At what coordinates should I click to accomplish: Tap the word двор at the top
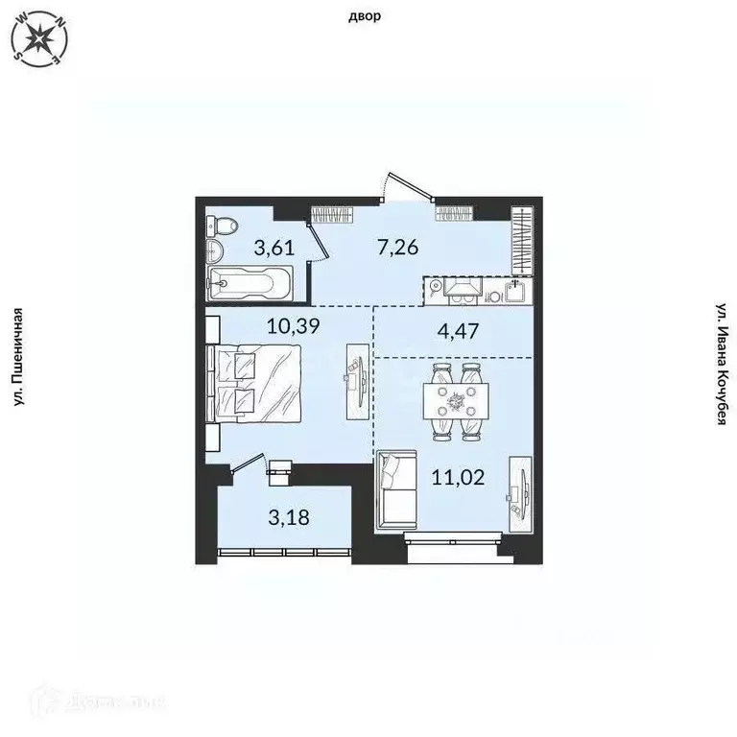click(368, 16)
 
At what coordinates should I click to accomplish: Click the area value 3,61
click(273, 248)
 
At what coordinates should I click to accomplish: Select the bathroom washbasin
click(214, 254)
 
